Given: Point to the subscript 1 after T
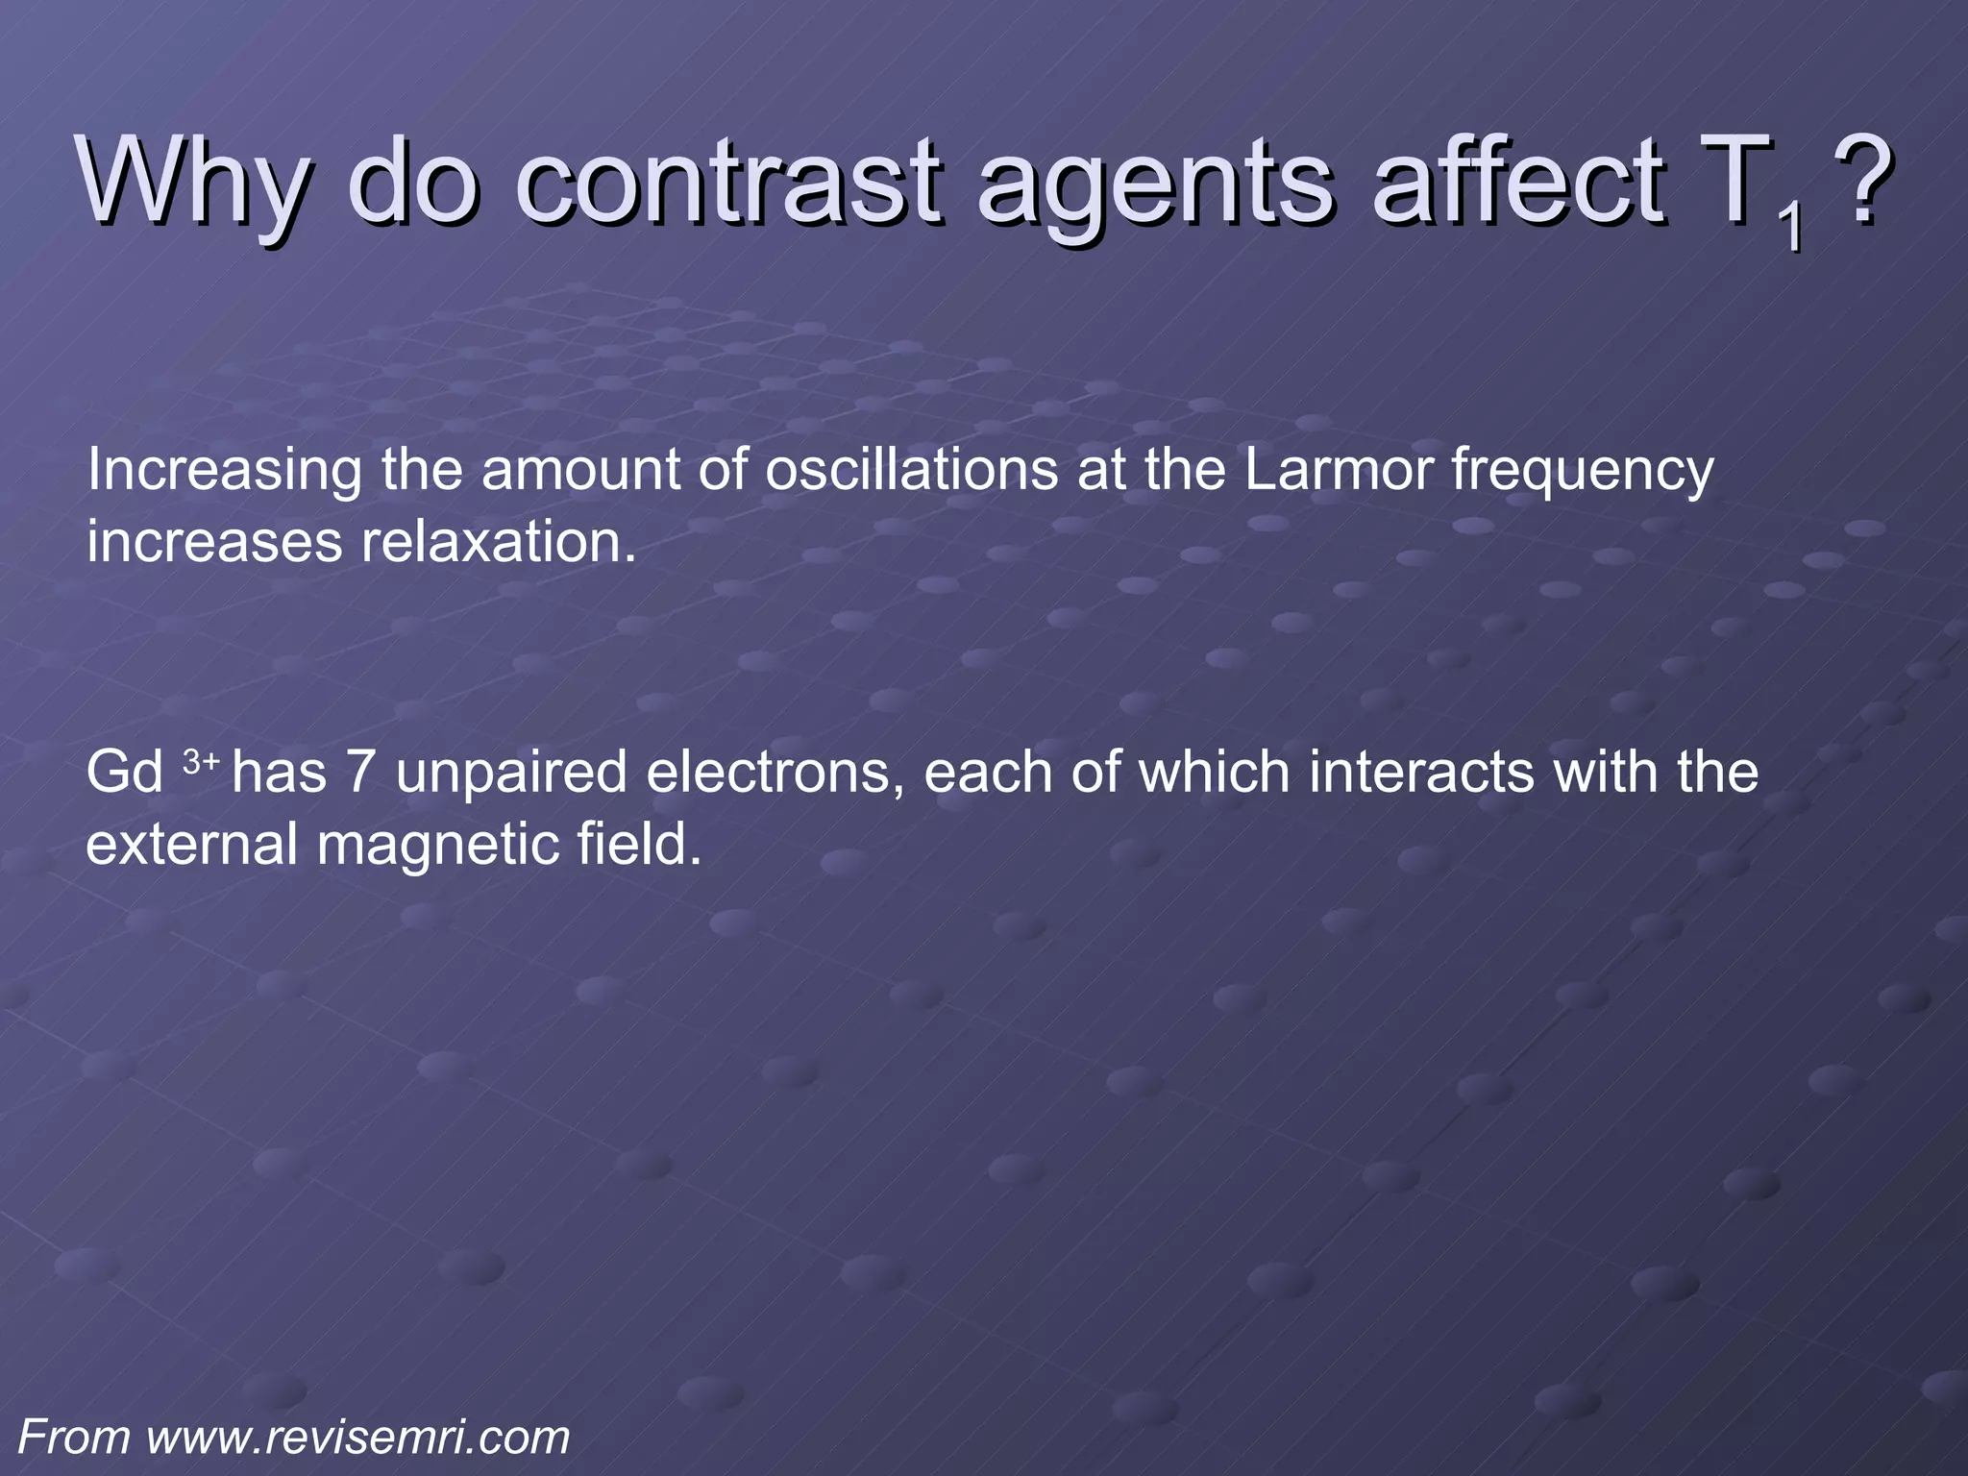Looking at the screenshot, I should tap(1788, 228).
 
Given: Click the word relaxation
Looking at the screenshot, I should tap(499, 542).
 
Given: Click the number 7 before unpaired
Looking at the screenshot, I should tap(359, 773).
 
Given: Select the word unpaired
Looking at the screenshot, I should tap(511, 775).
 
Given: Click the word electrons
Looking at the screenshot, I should tap(775, 773).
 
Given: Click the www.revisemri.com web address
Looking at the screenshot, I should tap(358, 1439).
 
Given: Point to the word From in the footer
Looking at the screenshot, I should tap(75, 1439).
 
